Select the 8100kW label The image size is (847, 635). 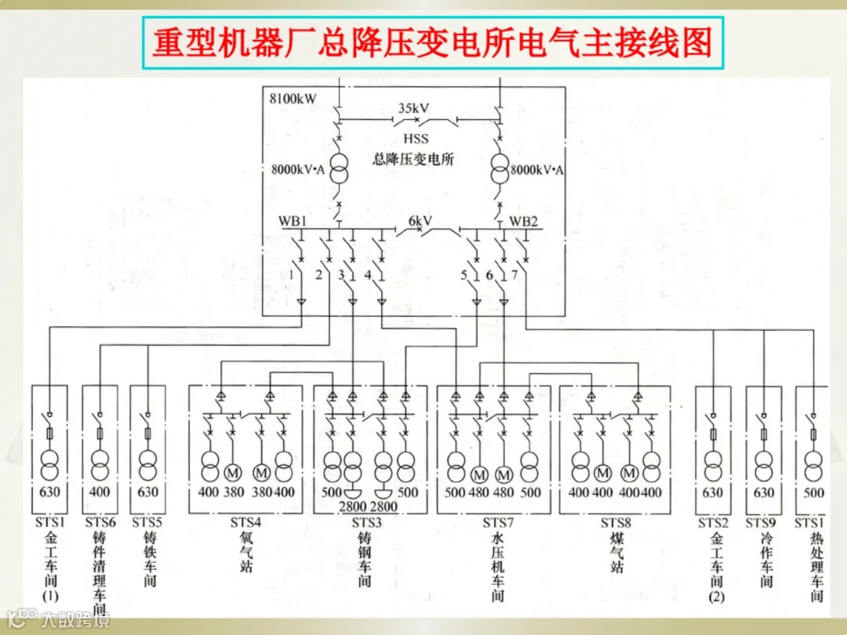(x=293, y=99)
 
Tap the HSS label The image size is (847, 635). (x=416, y=139)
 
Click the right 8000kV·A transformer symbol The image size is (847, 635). (x=500, y=170)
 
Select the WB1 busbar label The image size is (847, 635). (x=293, y=221)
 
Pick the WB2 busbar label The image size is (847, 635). (x=524, y=221)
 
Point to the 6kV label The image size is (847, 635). (x=420, y=221)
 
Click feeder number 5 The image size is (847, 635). (x=464, y=275)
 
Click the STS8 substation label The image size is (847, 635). (x=616, y=523)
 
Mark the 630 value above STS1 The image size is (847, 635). (x=50, y=492)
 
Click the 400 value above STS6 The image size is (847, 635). (x=99, y=492)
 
